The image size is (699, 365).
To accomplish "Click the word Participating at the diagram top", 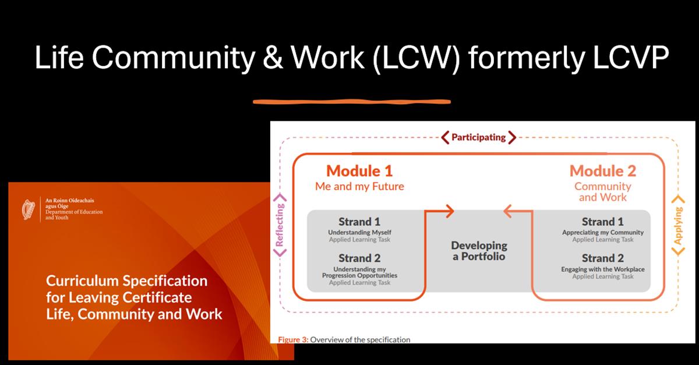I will [478, 137].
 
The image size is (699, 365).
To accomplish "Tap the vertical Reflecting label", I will [281, 224].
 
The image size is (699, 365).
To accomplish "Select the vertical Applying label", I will [678, 225].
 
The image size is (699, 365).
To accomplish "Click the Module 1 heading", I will [359, 171].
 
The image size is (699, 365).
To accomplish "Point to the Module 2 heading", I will [603, 171].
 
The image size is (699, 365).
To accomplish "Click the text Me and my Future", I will [359, 187].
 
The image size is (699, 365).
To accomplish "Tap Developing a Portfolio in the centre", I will [479, 251].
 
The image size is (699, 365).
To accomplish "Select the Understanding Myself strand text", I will [359, 232].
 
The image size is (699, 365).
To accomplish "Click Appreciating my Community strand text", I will [603, 232].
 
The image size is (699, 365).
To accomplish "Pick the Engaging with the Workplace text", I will [603, 269].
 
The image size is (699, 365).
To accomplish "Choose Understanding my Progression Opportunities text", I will [359, 272].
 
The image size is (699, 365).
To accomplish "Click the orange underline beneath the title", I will [352, 101].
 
